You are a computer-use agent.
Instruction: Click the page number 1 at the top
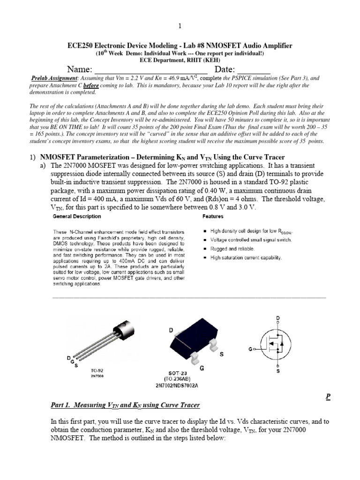pyautogui.click(x=180, y=26)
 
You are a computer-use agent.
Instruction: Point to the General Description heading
pyautogui.click(x=76, y=217)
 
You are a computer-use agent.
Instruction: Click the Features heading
pyautogui.click(x=213, y=217)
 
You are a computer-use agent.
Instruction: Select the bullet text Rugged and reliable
pyautogui.click(x=232, y=248)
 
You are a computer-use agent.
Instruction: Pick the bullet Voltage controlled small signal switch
pyautogui.click(x=251, y=240)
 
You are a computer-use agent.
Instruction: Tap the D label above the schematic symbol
pyautogui.click(x=278, y=318)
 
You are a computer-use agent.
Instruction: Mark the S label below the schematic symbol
pyautogui.click(x=278, y=371)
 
